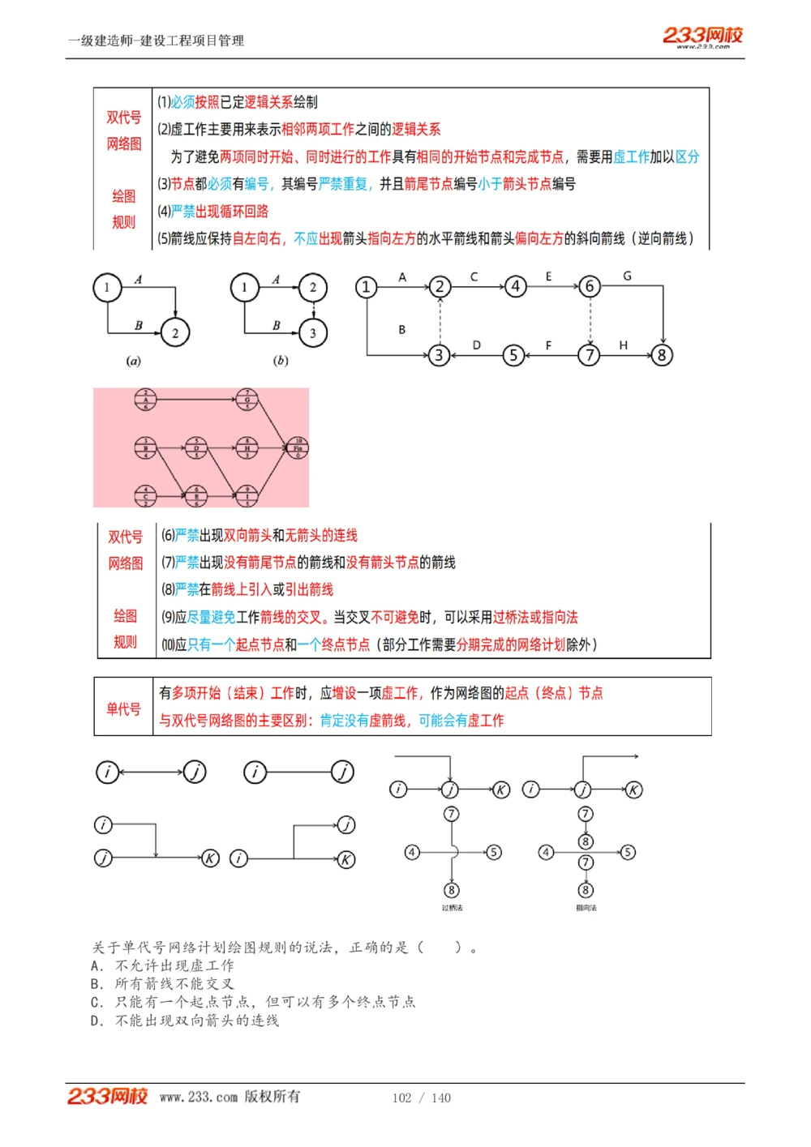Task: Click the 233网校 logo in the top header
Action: (x=702, y=36)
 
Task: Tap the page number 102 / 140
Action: (x=421, y=1098)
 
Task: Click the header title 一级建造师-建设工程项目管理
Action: (x=156, y=41)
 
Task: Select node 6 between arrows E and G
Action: (x=590, y=286)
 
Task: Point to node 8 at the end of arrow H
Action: (x=662, y=355)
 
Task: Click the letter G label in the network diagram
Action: (x=627, y=276)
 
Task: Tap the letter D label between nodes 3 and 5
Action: (x=476, y=345)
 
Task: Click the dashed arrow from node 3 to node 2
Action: (x=440, y=321)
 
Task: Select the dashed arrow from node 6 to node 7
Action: (x=590, y=321)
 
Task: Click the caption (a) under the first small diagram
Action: (x=133, y=361)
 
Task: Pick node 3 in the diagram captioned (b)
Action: (x=313, y=332)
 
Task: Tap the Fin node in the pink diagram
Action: (x=298, y=447)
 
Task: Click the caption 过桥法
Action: (x=452, y=908)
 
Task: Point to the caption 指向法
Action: (x=586, y=908)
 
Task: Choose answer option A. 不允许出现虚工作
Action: (x=163, y=965)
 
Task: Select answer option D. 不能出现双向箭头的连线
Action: (x=186, y=1021)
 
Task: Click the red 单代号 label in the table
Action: (x=123, y=709)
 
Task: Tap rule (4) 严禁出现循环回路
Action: (x=213, y=212)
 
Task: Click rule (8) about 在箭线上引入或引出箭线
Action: (x=247, y=589)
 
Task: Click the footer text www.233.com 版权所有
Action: (x=230, y=1097)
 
